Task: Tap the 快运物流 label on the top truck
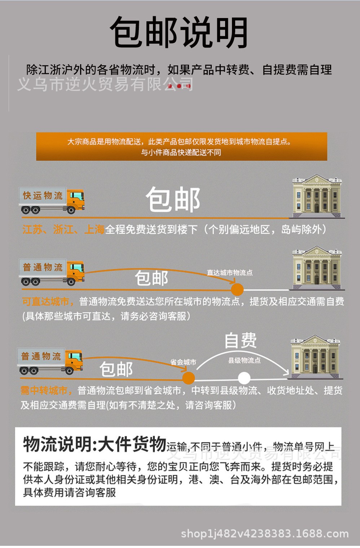coord(43,196)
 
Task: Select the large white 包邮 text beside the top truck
coord(173,200)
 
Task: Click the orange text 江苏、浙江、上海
coord(63,229)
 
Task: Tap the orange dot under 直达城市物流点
coord(237,289)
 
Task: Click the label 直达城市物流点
coord(230,273)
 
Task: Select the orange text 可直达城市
coord(46,302)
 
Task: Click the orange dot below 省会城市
coord(188,378)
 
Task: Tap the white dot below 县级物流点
coord(244,378)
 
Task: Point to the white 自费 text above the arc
coord(241,341)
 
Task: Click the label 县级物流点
coord(244,360)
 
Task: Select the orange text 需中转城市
coord(44,390)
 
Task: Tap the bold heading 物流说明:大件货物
coord(95,444)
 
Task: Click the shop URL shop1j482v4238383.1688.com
coord(264,534)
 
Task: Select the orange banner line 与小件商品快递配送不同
coord(181,153)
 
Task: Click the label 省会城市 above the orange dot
coord(183,362)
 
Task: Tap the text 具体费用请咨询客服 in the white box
coord(69,492)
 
